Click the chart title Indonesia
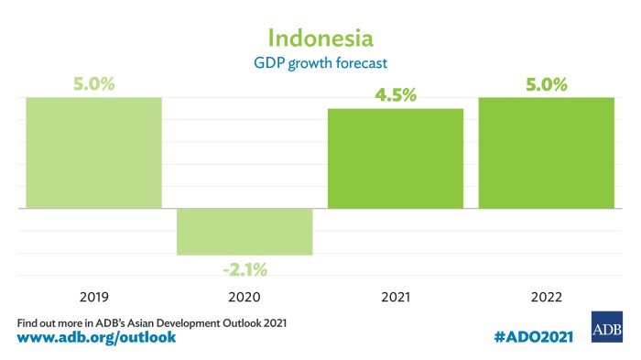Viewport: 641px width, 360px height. coord(320,38)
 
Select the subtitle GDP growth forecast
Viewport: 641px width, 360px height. coord(320,65)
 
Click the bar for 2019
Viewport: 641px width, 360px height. coord(93,153)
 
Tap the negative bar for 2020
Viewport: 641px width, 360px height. coord(244,232)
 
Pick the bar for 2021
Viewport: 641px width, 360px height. coord(395,158)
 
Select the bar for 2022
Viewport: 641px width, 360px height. coord(546,153)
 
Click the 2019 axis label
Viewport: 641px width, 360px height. coord(93,298)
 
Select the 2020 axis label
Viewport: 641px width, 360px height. coord(244,298)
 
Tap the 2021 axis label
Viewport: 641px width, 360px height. coord(395,298)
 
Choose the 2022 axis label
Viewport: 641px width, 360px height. coord(546,298)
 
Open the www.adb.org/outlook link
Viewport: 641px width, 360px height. coord(96,338)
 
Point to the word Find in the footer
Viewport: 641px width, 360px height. coord(28,322)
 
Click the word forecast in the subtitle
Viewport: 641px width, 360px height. coord(365,65)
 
